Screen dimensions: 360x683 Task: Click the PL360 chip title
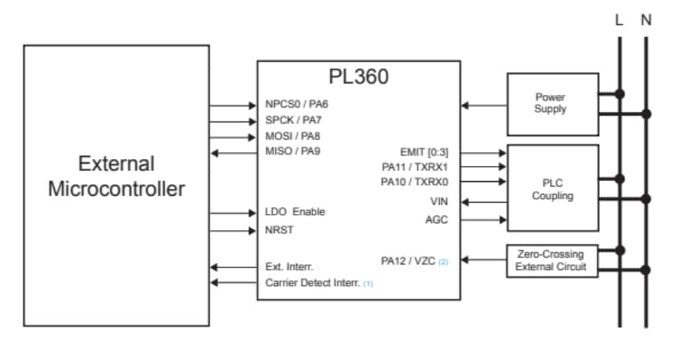pos(358,78)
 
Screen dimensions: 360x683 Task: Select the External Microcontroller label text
pos(116,176)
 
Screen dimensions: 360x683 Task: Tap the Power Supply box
pos(550,103)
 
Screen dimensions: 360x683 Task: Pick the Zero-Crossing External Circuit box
pos(550,261)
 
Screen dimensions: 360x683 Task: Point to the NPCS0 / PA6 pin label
pos(297,104)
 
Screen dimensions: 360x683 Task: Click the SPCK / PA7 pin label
pos(294,120)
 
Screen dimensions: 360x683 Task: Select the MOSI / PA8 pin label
pos(294,136)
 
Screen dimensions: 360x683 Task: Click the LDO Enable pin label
pos(295,212)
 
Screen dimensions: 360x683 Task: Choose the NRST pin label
pos(279,229)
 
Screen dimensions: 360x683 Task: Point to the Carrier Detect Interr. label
pos(314,283)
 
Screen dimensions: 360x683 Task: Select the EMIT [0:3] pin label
pos(424,152)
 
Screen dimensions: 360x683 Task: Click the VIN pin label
pos(439,202)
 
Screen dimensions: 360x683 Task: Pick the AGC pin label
pos(437,220)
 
